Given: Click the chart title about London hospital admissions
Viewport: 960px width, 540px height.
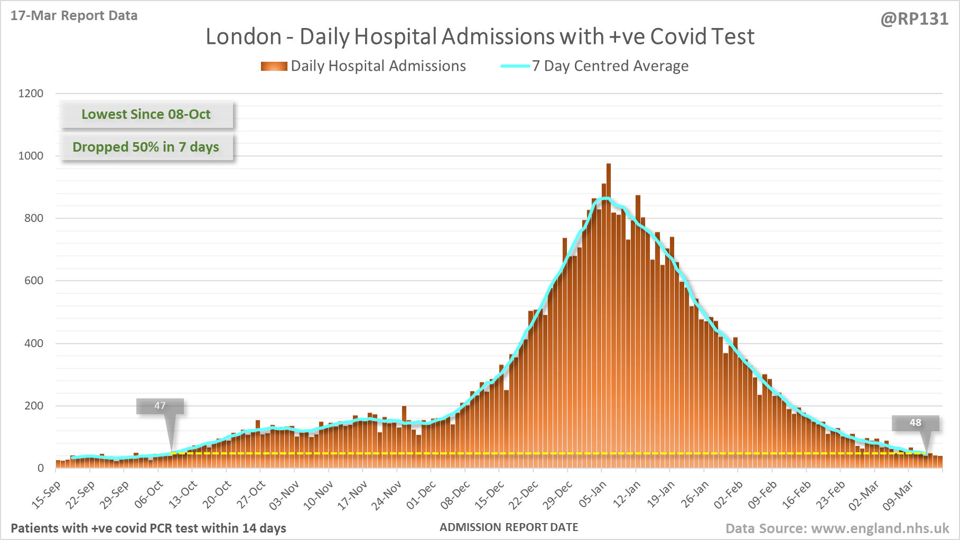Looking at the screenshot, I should coord(480,37).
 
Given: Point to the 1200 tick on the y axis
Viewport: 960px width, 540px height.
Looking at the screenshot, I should coord(31,94).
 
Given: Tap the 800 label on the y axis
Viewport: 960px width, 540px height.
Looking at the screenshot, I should coord(34,218).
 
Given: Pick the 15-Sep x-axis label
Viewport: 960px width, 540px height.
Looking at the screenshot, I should coord(46,495).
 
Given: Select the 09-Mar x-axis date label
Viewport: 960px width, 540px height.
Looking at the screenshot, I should coord(898,495).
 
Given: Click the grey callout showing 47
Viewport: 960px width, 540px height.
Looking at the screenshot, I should coord(160,406).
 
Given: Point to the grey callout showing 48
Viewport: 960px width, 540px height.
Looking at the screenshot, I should coord(915,423).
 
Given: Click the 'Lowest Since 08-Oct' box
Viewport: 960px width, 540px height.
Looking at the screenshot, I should coord(146,114).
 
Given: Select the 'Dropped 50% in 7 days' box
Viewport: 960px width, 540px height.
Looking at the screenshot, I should coord(146,147).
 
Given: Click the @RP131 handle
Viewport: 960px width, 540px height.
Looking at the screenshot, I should coord(914,19).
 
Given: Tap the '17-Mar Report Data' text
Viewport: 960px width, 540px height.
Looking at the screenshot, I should coord(74,16).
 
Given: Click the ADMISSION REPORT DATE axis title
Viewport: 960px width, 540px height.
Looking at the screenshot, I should coord(509,527).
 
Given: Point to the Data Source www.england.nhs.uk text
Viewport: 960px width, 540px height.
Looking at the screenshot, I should coord(837,528).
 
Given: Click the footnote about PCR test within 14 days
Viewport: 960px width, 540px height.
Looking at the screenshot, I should coord(148,528).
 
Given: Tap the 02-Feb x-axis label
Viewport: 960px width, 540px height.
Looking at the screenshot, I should coord(729,495).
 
